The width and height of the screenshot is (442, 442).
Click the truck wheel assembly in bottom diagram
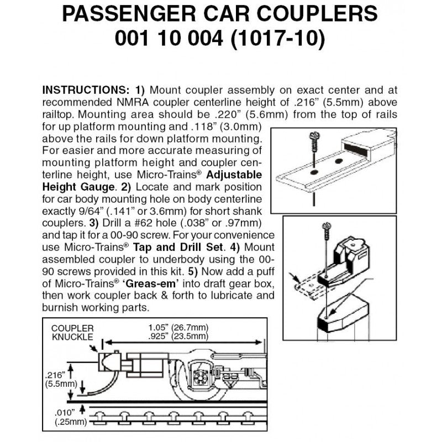click(201, 378)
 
